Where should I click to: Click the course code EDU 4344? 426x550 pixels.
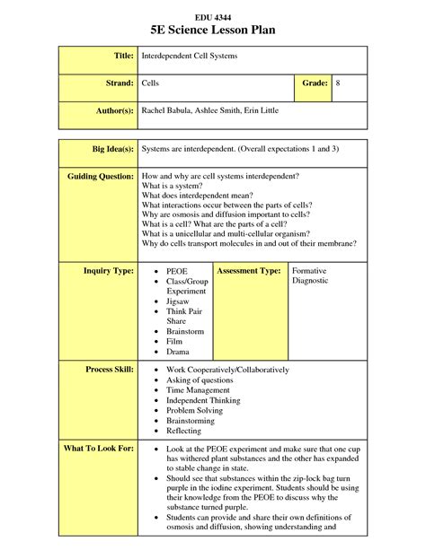[213, 17]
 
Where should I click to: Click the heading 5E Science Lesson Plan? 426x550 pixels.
[213, 31]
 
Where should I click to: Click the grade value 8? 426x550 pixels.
[338, 83]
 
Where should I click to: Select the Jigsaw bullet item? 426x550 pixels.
[180, 301]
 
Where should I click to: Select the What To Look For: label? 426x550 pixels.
[99, 447]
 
